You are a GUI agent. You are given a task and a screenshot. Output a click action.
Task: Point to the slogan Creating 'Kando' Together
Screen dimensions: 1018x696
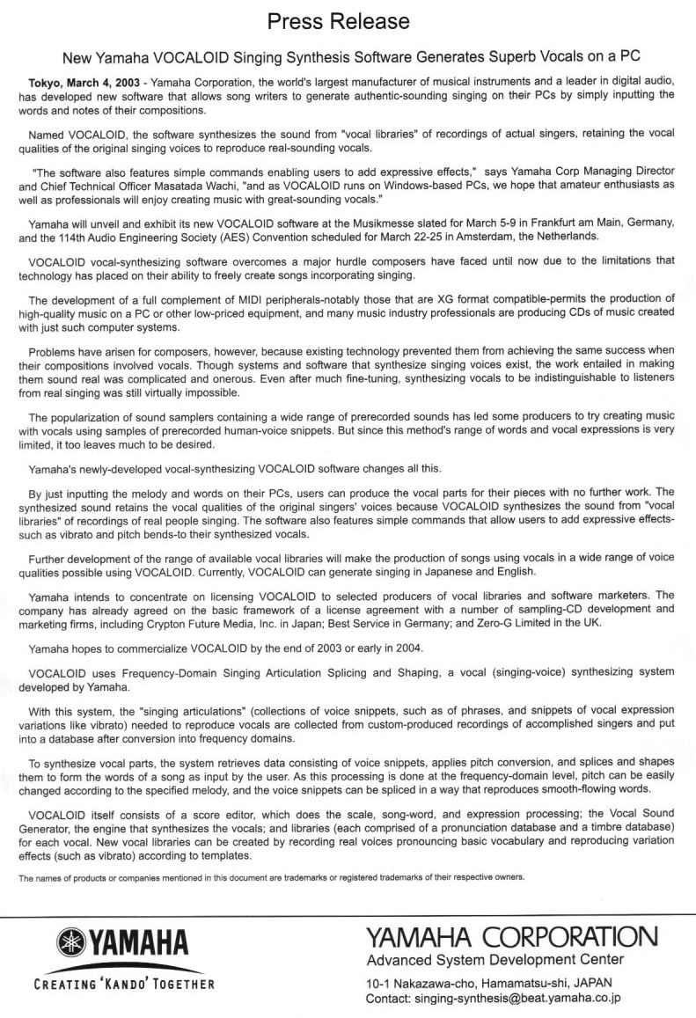(122, 983)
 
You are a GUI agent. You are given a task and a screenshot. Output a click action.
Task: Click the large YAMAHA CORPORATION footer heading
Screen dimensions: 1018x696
(510, 936)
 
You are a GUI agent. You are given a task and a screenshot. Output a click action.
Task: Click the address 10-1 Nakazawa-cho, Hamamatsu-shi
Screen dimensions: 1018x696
(475, 983)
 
